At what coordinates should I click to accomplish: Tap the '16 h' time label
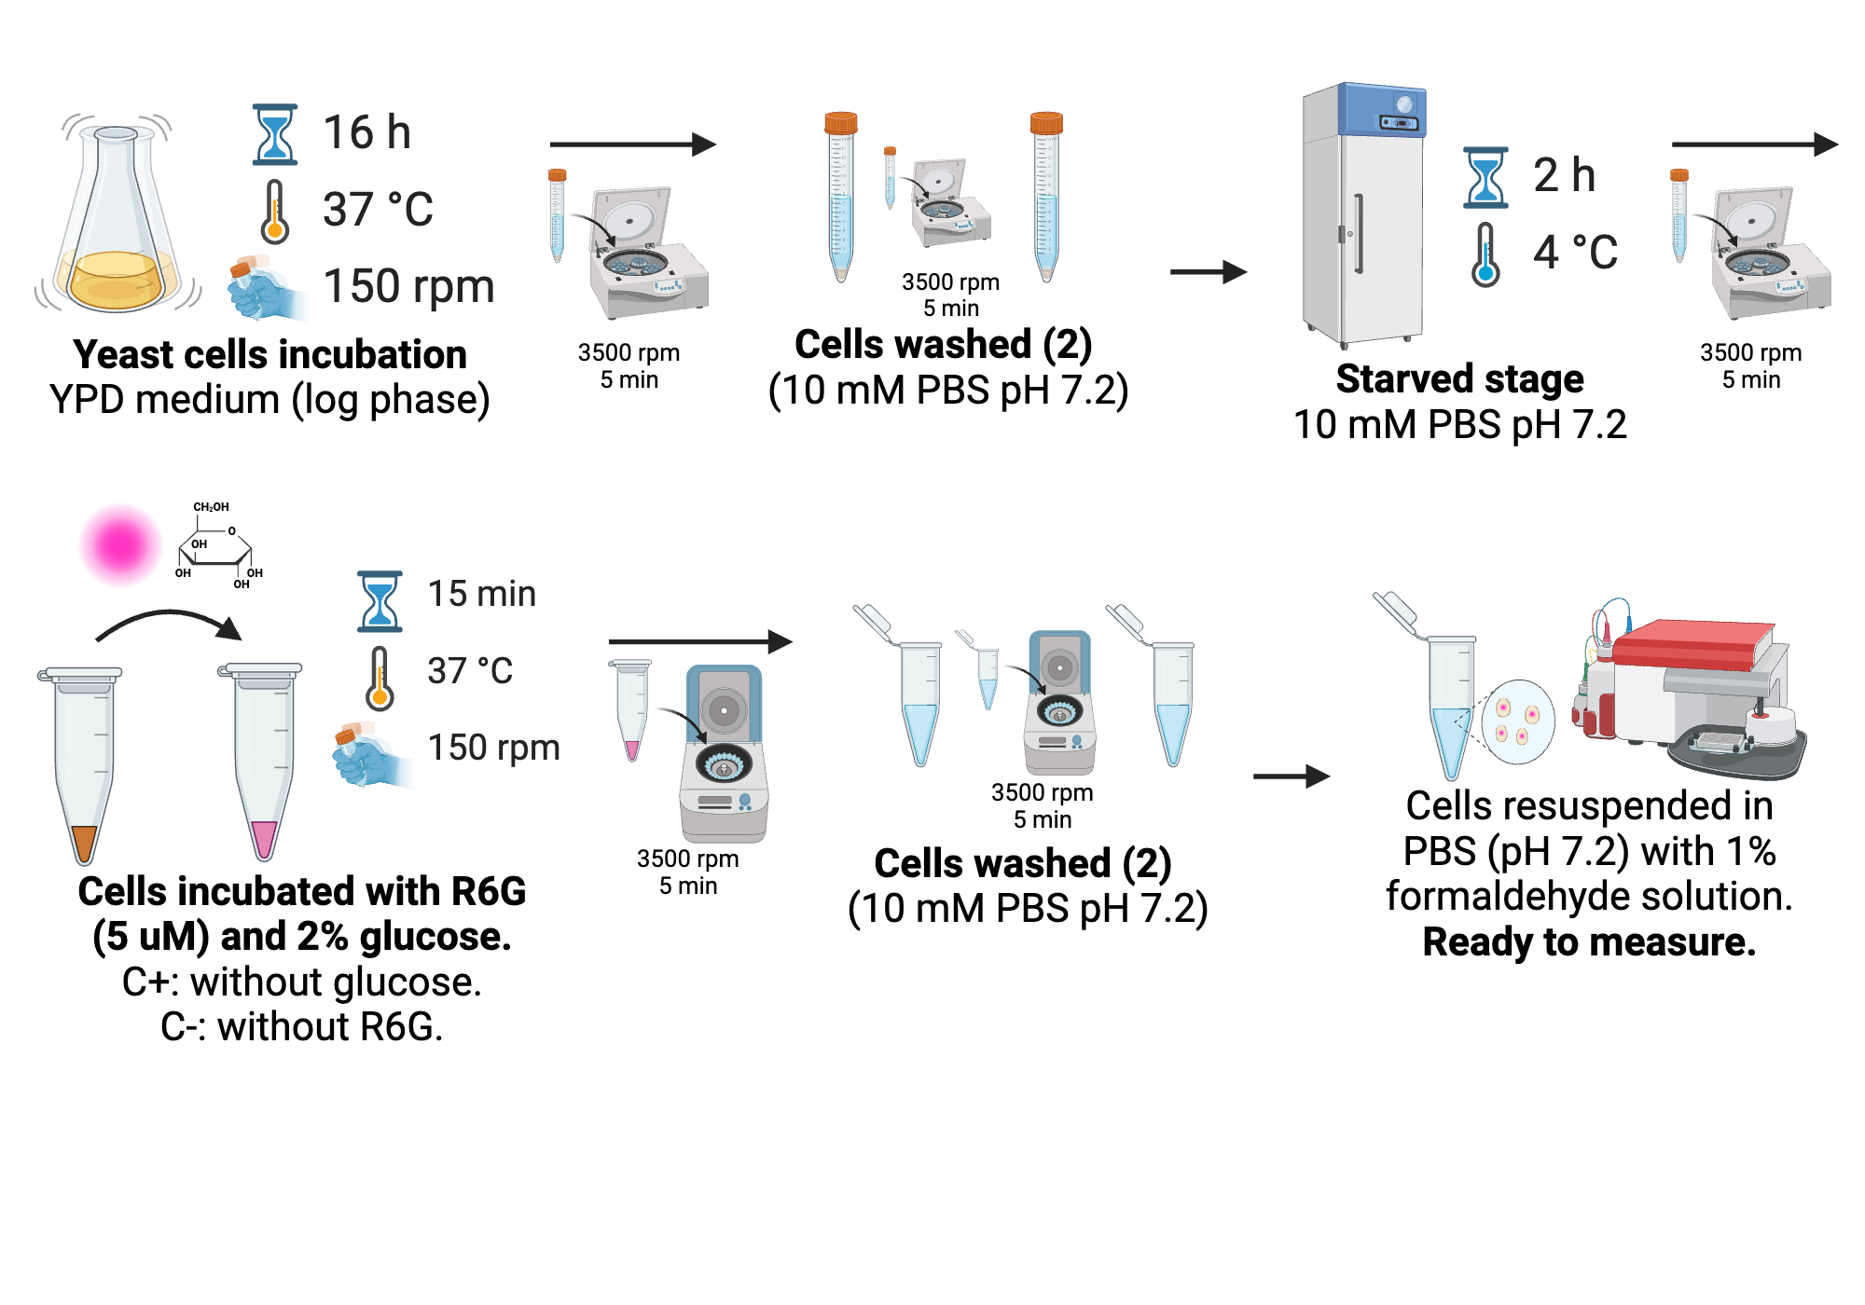(366, 132)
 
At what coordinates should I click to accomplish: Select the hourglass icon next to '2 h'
(1485, 177)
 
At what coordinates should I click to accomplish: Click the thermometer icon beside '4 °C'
(1485, 254)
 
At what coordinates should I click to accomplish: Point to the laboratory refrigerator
(1363, 214)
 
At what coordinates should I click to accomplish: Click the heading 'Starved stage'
(1459, 378)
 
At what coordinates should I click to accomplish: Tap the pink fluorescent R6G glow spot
(119, 544)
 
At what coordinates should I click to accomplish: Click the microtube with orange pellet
(84, 764)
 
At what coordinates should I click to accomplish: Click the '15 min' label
(481, 594)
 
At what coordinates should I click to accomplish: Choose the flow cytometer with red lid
(1688, 690)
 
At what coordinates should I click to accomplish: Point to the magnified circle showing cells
(1517, 722)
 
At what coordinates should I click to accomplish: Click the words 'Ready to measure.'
(1589, 941)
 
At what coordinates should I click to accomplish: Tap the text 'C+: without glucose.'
(301, 982)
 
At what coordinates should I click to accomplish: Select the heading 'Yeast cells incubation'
(269, 354)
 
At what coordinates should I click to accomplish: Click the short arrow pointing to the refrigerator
(1208, 272)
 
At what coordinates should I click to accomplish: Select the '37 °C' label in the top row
(378, 210)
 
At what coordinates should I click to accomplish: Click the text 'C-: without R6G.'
(301, 1026)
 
